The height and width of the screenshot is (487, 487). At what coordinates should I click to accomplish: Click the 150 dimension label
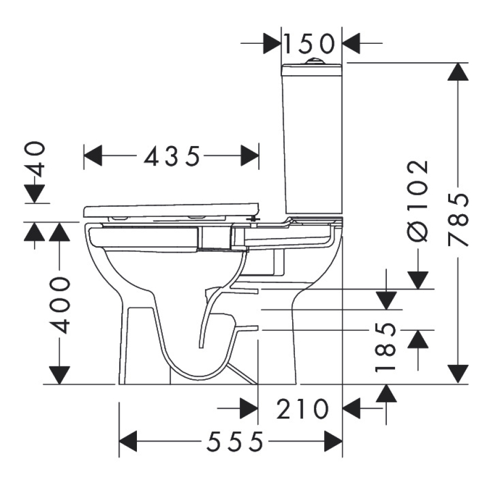pos(309,44)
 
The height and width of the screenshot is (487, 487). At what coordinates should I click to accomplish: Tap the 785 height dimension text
pos(458,219)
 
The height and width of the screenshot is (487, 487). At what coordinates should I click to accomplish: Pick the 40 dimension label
pos(35,160)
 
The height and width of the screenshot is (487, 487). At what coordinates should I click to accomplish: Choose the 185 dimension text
pos(385,347)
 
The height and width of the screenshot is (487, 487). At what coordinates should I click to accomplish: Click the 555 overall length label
pos(235,442)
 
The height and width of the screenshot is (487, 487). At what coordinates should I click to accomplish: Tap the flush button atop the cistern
pos(314,61)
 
